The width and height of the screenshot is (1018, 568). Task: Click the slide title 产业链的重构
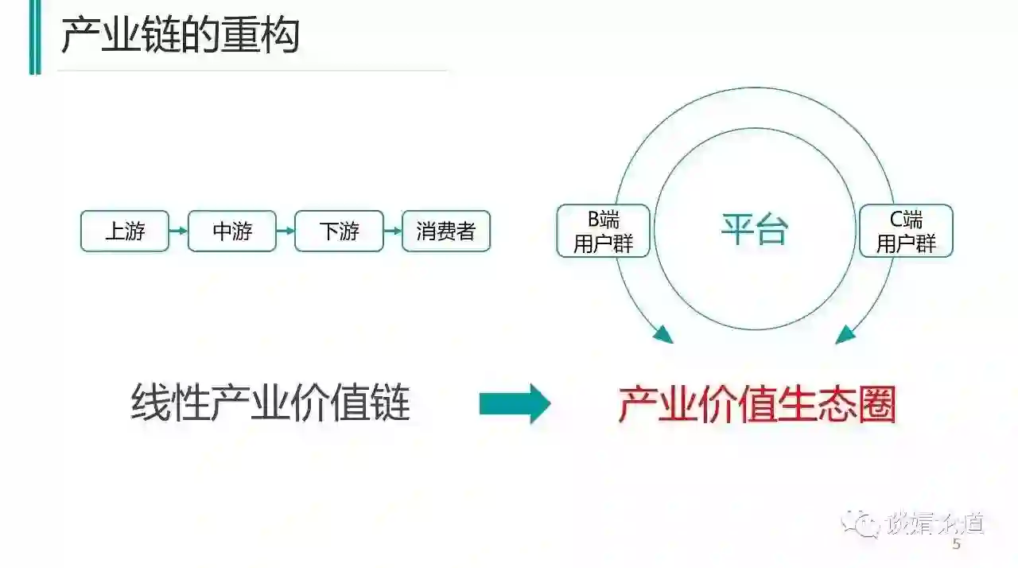pyautogui.click(x=180, y=37)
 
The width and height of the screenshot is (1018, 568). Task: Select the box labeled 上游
pyautogui.click(x=125, y=231)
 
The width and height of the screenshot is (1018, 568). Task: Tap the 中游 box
pyautogui.click(x=232, y=231)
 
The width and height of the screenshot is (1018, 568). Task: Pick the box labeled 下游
pyautogui.click(x=339, y=231)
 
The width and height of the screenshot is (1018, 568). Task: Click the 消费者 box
pyautogui.click(x=445, y=231)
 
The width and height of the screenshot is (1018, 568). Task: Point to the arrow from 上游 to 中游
pyautogui.click(x=178, y=231)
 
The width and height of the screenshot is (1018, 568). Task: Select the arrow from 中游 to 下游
pyautogui.click(x=286, y=231)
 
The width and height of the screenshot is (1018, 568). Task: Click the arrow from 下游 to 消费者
pyautogui.click(x=392, y=231)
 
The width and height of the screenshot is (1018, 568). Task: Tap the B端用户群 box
pyautogui.click(x=604, y=231)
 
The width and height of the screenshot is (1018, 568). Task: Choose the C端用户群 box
pyautogui.click(x=906, y=231)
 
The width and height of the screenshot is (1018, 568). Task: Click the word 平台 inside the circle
pyautogui.click(x=754, y=231)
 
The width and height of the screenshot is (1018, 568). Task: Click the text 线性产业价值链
pyautogui.click(x=270, y=403)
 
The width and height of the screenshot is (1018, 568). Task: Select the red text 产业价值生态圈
pyautogui.click(x=757, y=404)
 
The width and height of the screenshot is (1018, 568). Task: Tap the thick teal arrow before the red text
pyautogui.click(x=515, y=404)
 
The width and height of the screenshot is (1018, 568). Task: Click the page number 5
pyautogui.click(x=957, y=545)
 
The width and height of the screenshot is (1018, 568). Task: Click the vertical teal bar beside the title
pyautogui.click(x=34, y=37)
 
